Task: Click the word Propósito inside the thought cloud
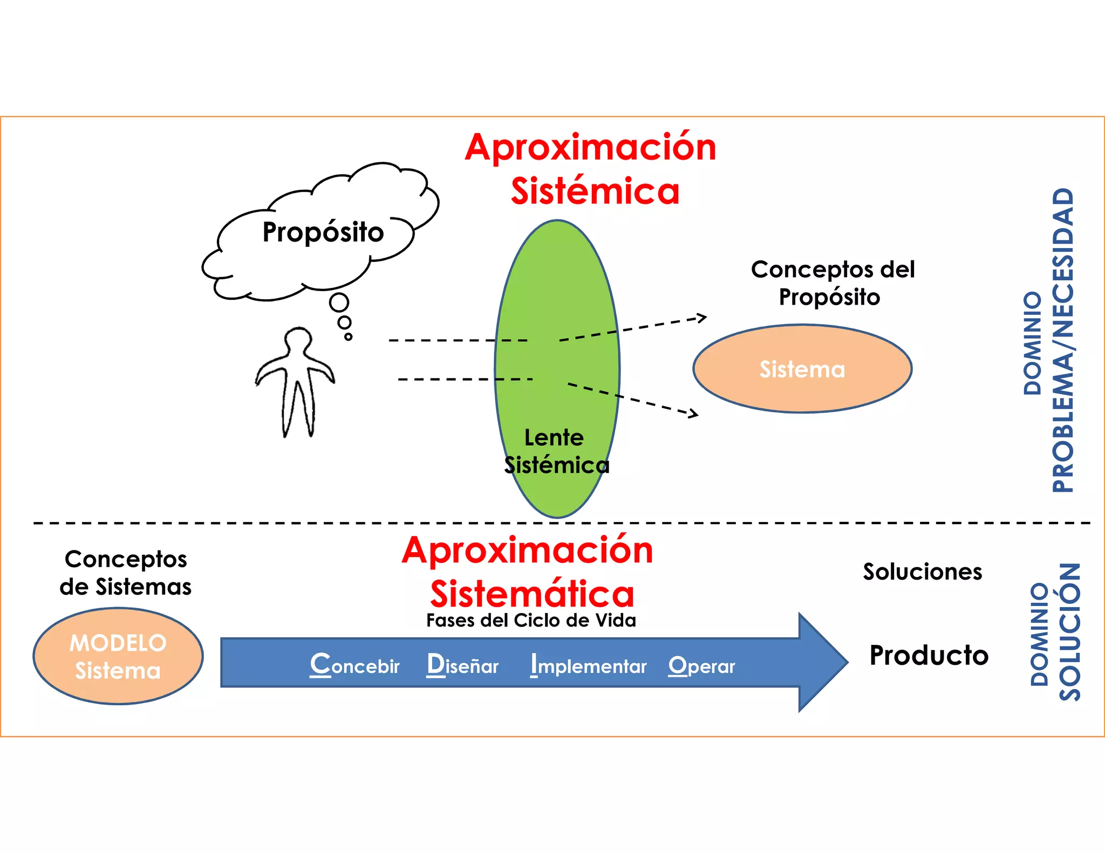tap(323, 232)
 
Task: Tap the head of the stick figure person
tap(298, 341)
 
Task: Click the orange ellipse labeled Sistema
tap(802, 369)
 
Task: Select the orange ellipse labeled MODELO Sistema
tap(118, 656)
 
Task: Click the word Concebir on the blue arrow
tap(354, 665)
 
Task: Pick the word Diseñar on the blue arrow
tap(462, 665)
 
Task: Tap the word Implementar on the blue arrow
tap(588, 665)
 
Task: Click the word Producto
tap(929, 656)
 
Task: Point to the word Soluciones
tap(922, 572)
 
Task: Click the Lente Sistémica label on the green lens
tap(556, 451)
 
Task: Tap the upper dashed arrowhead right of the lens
tap(702, 318)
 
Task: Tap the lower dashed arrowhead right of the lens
tap(694, 414)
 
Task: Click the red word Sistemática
tap(532, 594)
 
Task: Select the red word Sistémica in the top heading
tap(595, 191)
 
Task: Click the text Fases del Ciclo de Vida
tap(531, 621)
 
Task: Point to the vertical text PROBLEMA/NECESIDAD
tap(1063, 340)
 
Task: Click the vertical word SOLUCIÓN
tap(1069, 631)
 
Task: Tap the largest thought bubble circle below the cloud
tap(339, 302)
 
